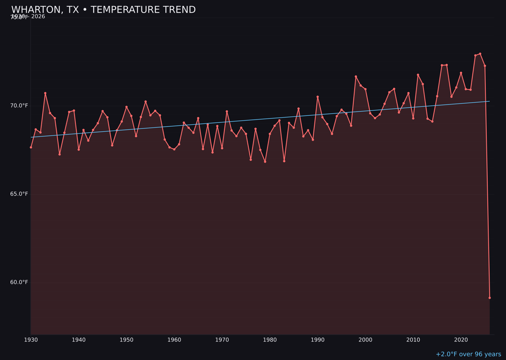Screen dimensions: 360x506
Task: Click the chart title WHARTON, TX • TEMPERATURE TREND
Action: point(104,10)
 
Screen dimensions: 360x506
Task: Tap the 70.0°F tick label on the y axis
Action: point(19,105)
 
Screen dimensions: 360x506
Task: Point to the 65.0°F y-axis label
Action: point(19,194)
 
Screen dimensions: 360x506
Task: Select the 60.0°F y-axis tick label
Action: point(19,282)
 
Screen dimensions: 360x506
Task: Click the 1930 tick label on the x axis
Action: point(31,340)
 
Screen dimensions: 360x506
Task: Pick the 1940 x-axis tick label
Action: point(79,340)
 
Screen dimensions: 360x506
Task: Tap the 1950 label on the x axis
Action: point(126,340)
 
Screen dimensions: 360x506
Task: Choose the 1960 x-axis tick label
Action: point(174,340)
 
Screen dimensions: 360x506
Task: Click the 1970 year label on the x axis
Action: point(222,340)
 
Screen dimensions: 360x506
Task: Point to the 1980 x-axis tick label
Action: point(270,340)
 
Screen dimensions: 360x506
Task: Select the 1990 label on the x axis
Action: point(318,340)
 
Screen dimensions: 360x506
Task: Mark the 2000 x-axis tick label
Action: point(365,340)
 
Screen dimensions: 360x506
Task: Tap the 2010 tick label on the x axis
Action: point(413,340)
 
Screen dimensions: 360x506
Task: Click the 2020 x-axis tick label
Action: point(461,340)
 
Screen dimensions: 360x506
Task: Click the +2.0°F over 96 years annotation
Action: point(468,354)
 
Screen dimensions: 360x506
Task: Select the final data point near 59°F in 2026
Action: point(490,298)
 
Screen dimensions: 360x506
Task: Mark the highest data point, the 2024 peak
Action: point(480,54)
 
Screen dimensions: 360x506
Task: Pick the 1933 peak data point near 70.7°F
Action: point(45,93)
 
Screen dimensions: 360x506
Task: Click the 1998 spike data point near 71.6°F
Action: point(356,76)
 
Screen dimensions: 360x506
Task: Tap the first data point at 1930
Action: point(31,147)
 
